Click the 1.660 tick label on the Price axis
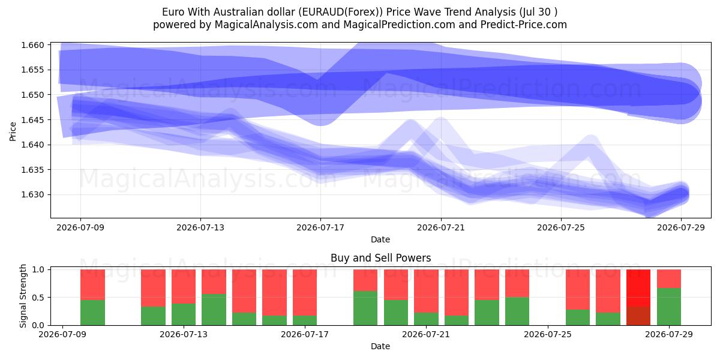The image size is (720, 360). (32, 45)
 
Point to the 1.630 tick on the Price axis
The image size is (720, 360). (32, 195)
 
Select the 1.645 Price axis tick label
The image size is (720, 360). (32, 120)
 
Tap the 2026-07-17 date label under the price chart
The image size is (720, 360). (320, 228)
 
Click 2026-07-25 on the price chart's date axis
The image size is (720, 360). (561, 228)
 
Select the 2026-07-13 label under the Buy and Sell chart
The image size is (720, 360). (184, 335)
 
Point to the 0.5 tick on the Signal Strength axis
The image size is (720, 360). (38, 298)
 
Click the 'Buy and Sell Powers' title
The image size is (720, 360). (380, 258)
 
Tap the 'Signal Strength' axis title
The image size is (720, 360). (23, 296)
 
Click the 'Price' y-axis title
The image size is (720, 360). (13, 131)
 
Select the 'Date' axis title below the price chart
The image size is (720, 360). (380, 239)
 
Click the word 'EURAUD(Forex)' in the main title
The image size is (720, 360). (340, 12)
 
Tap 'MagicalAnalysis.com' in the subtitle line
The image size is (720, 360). (266, 25)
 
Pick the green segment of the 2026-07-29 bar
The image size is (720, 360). (668, 307)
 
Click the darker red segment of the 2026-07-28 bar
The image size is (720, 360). (638, 316)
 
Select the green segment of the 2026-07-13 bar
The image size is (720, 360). (184, 314)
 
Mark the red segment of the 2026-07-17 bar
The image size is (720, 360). (305, 293)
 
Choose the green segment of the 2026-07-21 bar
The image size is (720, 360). (426, 319)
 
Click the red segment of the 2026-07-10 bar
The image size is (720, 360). (92, 285)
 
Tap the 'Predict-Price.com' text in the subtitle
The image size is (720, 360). (524, 25)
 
